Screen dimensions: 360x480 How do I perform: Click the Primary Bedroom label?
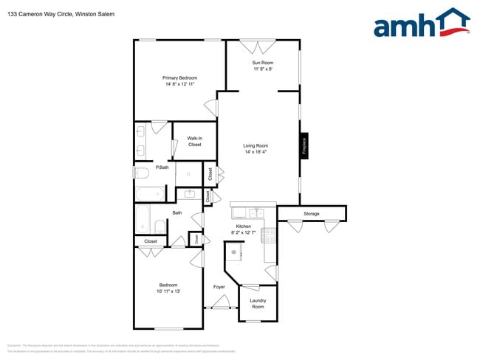click(179, 77)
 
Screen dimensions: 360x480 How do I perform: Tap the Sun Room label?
click(263, 63)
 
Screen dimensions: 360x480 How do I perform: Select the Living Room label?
click(256, 145)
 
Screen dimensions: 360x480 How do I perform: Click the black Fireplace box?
click(304, 145)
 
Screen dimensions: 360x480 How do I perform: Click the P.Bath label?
click(162, 169)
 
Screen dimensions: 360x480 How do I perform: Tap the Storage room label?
click(312, 214)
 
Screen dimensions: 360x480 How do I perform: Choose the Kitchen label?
click(243, 226)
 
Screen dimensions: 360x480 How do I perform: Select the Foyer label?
click(219, 286)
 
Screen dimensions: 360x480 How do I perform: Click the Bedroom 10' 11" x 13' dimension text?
click(168, 291)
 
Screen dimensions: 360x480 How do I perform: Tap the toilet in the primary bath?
click(143, 174)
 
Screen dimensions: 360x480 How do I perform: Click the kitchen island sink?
click(235, 252)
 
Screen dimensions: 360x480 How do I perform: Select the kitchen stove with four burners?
click(270, 235)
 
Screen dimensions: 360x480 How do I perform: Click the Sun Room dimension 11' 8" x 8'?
click(263, 69)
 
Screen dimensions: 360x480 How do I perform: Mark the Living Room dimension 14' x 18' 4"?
click(256, 153)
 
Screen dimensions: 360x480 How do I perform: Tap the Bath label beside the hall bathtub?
click(177, 213)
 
